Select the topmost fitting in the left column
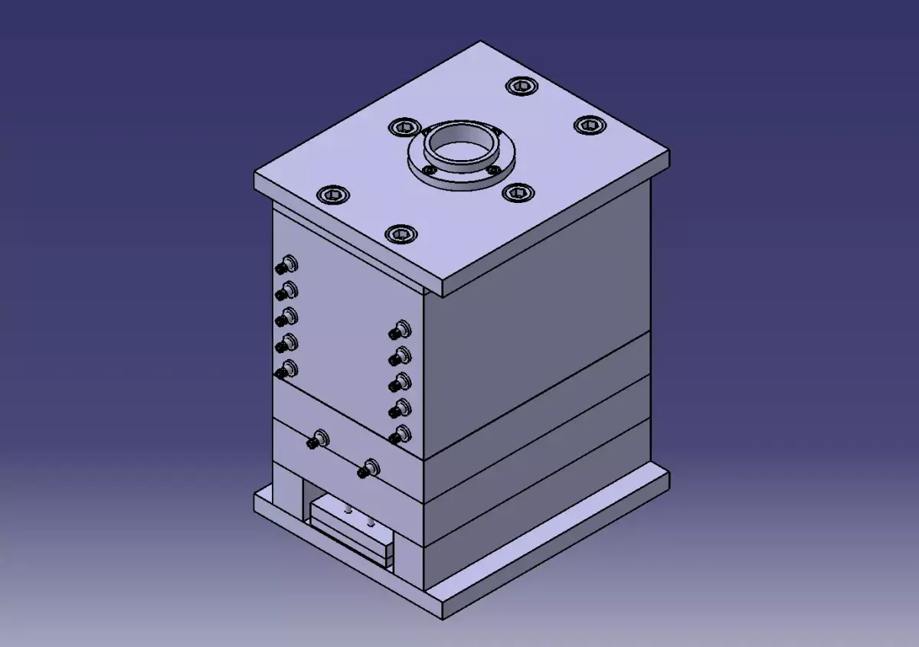click(x=286, y=266)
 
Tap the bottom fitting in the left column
click(x=286, y=369)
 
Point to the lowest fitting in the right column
click(x=399, y=435)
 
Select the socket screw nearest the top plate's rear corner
click(x=521, y=87)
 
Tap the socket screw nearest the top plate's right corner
click(x=588, y=124)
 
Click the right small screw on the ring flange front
click(x=493, y=169)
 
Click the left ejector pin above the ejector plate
click(x=348, y=511)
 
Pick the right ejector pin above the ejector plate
click(x=372, y=522)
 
